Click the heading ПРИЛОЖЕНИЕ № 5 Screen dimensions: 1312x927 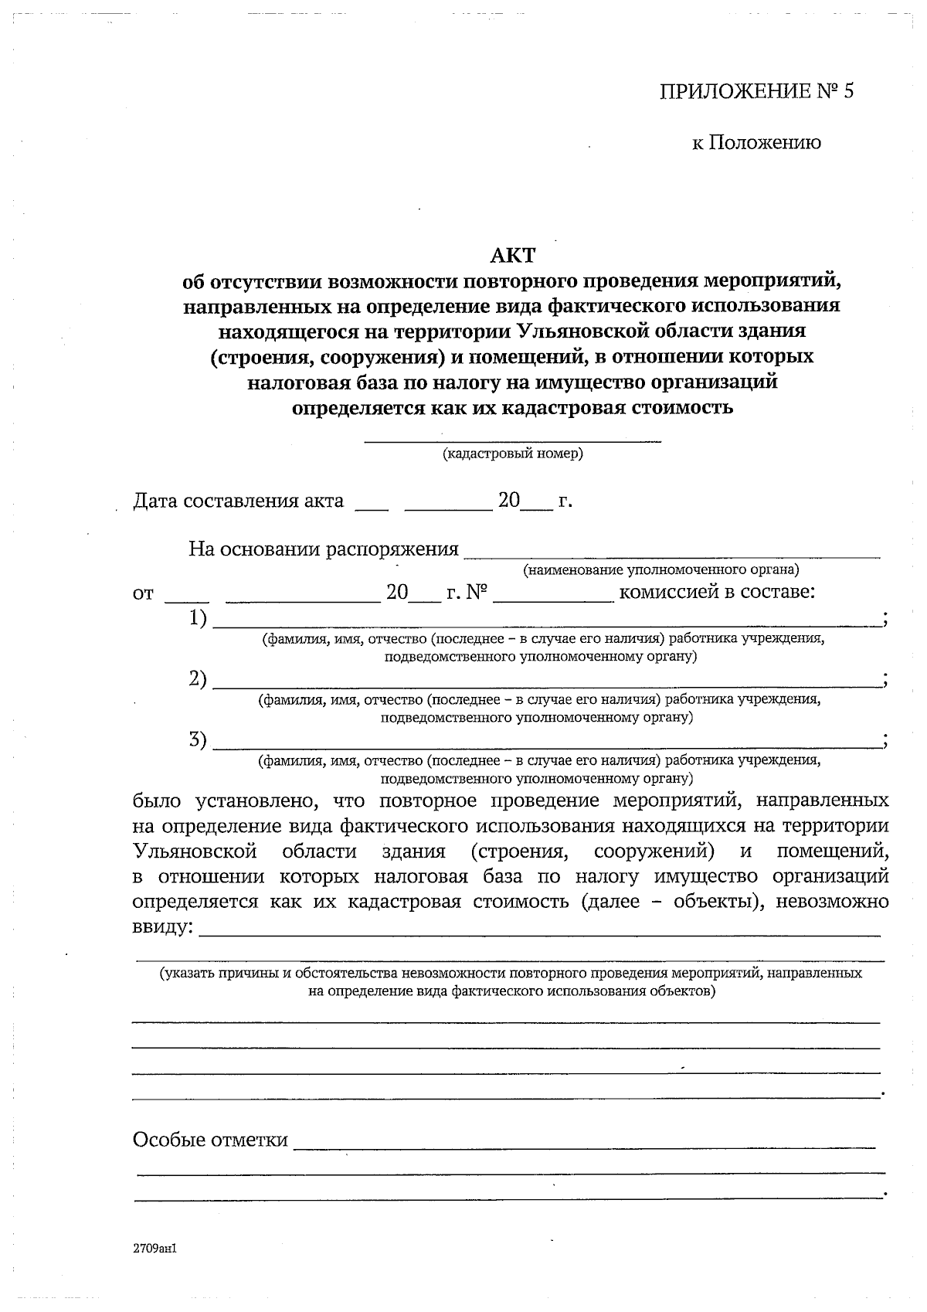(758, 92)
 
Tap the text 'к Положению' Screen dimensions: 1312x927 (756, 143)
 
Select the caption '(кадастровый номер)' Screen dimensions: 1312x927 (513, 454)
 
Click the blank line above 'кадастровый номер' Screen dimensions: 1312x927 (513, 440)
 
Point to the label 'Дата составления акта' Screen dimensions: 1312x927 (238, 501)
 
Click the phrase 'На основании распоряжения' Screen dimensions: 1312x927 (324, 549)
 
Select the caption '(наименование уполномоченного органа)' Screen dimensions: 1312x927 (660, 570)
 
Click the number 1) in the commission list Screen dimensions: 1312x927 (199, 618)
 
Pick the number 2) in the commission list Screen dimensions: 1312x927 (199, 679)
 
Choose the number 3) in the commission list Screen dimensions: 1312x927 (199, 740)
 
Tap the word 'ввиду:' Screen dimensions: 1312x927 (163, 926)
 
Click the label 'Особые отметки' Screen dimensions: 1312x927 (210, 1140)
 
